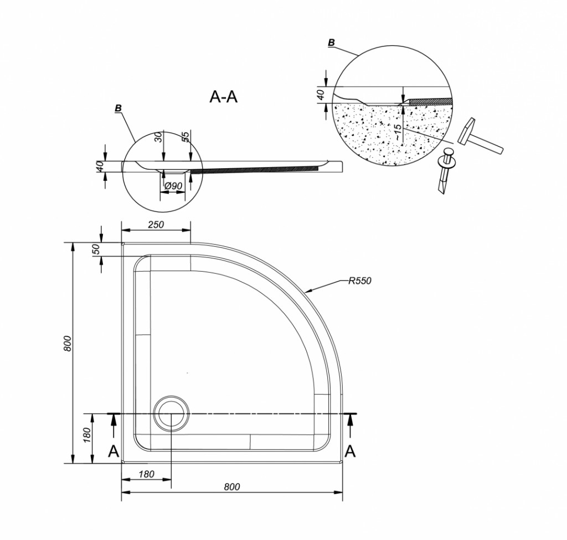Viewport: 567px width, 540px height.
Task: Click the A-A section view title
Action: [223, 97]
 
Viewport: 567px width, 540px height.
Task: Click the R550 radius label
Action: [359, 281]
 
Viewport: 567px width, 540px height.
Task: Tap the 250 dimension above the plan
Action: [156, 225]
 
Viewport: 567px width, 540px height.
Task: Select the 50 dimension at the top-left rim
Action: [96, 249]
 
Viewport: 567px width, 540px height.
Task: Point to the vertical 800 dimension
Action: [68, 344]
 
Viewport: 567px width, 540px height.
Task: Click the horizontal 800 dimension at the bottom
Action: [232, 487]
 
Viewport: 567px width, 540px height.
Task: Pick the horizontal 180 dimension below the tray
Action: [146, 474]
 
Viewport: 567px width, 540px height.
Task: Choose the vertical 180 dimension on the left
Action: [87, 435]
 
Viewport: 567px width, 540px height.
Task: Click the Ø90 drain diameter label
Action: [173, 186]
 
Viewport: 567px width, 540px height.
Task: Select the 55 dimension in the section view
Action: [185, 137]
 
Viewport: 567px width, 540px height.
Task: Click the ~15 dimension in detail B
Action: [397, 132]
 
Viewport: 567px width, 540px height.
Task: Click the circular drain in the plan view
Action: [171, 413]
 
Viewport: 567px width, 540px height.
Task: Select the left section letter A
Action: [114, 451]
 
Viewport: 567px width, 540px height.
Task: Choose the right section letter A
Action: [350, 451]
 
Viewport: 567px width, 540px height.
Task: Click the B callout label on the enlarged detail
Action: [331, 43]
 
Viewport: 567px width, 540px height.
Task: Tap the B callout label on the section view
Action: [118, 108]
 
